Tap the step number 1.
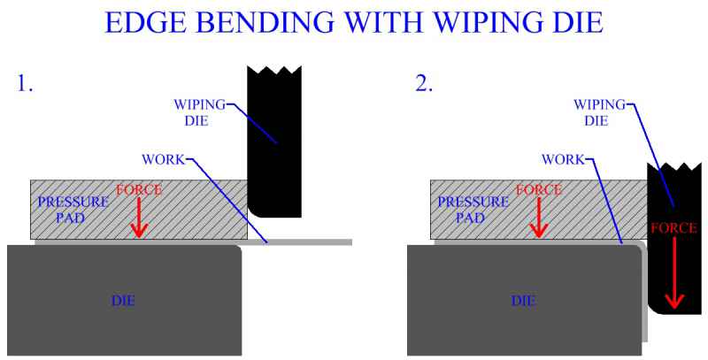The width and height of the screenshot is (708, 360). (x=25, y=85)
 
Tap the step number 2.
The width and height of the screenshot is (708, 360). (x=424, y=85)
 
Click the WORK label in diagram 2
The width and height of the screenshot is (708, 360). (x=561, y=159)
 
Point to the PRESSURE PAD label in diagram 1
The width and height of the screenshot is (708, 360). (x=73, y=210)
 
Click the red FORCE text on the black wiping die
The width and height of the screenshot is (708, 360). (x=676, y=228)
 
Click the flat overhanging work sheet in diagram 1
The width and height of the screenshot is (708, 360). (x=310, y=241)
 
